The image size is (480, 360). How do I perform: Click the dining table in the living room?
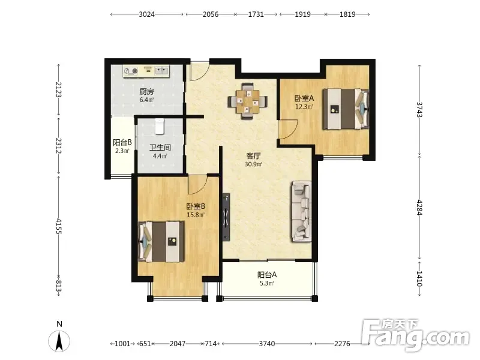coord(248,101)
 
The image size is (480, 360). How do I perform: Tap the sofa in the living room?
coord(301,211)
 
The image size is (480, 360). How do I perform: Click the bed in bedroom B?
coord(161,242)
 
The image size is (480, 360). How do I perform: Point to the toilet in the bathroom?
coord(160,127)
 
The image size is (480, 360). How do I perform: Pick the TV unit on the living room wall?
coord(226,217)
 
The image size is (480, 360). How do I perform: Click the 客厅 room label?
coord(253,156)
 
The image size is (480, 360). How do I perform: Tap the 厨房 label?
coord(146,92)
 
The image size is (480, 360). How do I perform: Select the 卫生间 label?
coord(160,148)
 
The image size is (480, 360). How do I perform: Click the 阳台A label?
coord(267,275)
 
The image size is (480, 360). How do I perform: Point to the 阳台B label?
coord(122,142)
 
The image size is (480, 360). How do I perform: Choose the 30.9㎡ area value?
coord(253,164)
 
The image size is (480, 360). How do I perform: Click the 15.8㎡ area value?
coord(196,215)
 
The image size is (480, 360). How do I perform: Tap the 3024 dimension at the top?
coord(146,14)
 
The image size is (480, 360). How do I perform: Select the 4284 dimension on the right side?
coord(419,208)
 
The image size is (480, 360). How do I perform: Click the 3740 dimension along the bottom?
coord(267,344)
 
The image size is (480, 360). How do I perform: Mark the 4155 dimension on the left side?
coord(58,226)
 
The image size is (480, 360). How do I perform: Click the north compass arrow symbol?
coord(59,341)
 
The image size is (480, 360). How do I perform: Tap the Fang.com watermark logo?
coord(415,336)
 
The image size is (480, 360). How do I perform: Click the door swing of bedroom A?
coord(288,129)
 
